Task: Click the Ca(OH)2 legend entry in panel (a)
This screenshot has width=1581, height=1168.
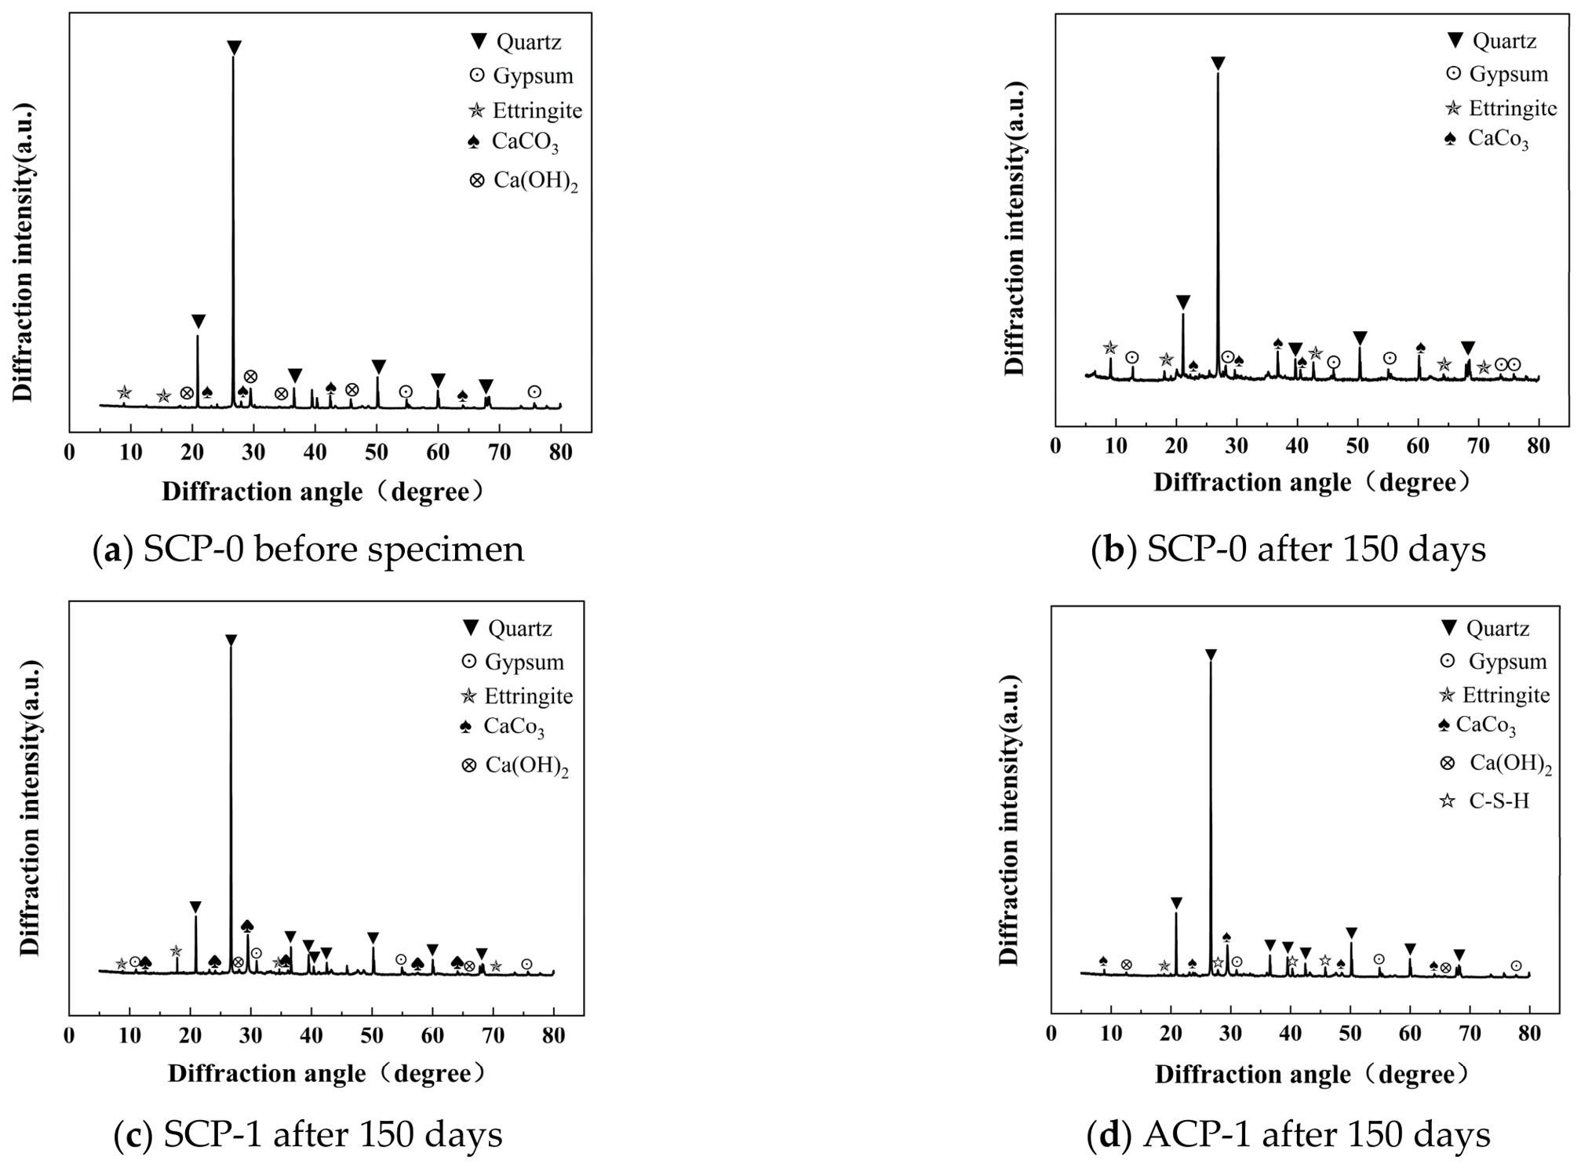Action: click(523, 181)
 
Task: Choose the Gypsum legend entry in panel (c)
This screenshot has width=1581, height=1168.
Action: click(513, 662)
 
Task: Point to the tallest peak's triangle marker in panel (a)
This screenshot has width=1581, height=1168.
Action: click(234, 48)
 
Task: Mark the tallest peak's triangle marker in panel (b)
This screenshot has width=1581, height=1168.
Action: click(1218, 63)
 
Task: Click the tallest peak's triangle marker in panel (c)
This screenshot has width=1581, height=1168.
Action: click(231, 641)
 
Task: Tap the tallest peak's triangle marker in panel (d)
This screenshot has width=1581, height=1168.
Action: click(1211, 655)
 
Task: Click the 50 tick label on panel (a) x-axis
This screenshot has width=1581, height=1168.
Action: click(377, 452)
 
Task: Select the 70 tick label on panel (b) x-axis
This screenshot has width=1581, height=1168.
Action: click(1478, 446)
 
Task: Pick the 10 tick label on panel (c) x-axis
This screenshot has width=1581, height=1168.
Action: click(129, 1035)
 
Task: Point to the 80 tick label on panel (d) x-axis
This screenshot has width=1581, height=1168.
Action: click(1529, 1033)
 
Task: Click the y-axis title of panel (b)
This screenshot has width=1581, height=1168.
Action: click(1015, 228)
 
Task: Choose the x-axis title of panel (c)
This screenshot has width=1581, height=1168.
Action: click(327, 1073)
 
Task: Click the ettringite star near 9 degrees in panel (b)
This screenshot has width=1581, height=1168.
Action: click(1109, 348)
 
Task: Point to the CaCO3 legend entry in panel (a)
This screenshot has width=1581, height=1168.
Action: click(513, 142)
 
